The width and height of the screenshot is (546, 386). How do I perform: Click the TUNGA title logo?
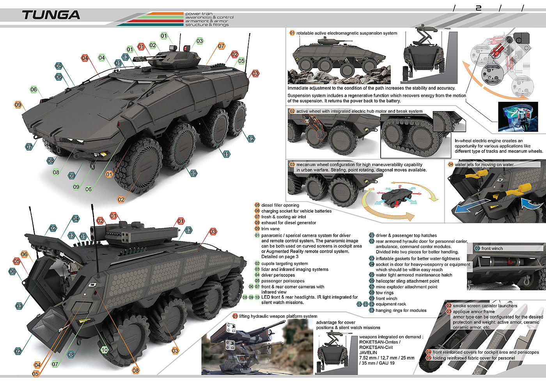(x=51, y=15)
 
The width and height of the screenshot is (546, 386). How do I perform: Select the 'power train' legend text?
(x=199, y=14)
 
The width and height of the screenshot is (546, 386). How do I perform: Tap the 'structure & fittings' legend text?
(x=207, y=25)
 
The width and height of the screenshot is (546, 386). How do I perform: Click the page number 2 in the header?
(x=479, y=8)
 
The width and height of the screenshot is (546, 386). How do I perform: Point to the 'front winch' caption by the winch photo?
(x=492, y=248)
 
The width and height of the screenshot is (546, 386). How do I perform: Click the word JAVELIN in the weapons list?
(x=368, y=352)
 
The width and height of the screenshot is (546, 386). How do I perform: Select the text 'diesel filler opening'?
(x=280, y=205)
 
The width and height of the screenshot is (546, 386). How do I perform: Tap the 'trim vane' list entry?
(x=270, y=228)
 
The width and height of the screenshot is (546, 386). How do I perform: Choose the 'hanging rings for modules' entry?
(x=401, y=310)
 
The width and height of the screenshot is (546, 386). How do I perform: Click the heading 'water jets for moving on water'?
(x=484, y=165)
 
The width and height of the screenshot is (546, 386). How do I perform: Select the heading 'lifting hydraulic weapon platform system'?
(x=278, y=316)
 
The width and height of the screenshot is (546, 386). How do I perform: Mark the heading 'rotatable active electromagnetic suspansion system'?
(x=346, y=33)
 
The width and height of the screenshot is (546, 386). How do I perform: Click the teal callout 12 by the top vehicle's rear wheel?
(x=251, y=139)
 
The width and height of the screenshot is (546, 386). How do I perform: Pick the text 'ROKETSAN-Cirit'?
(x=376, y=347)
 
